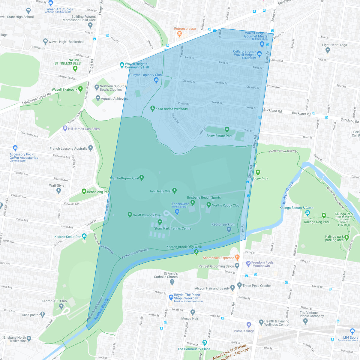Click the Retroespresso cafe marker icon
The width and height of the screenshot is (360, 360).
(179, 34)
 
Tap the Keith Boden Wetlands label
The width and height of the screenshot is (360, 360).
(171, 109)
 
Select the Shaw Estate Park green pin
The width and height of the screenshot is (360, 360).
(227, 130)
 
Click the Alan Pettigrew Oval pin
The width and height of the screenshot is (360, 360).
(142, 178)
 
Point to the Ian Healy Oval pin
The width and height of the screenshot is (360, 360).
(174, 190)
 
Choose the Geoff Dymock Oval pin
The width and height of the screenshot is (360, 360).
(130, 214)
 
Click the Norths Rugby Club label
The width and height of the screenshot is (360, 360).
(225, 205)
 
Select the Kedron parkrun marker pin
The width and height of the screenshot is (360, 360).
(229, 229)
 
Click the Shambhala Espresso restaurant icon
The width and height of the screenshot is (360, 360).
(237, 257)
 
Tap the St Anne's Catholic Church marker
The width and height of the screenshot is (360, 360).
(172, 282)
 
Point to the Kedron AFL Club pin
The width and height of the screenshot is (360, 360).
(61, 306)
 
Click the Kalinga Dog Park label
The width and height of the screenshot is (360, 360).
(316, 222)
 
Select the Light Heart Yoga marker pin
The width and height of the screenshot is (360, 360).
(328, 50)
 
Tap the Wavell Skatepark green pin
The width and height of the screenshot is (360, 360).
(80, 89)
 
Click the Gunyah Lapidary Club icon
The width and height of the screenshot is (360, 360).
(156, 80)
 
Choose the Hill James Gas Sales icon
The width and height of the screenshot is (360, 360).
(65, 129)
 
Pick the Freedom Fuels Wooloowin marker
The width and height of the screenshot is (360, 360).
(248, 264)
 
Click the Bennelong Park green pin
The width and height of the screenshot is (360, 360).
(84, 191)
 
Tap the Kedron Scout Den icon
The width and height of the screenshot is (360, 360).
(84, 236)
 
